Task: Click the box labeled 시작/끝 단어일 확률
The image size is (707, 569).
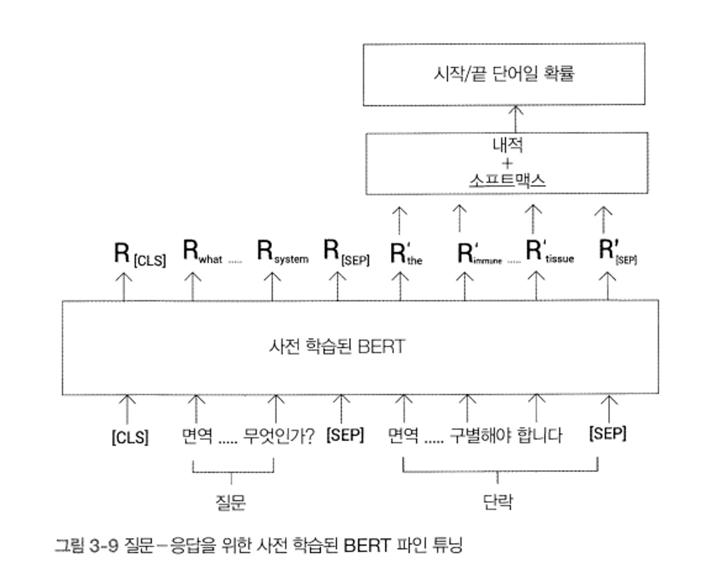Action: click(504, 74)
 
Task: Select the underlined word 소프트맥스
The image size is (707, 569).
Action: click(507, 181)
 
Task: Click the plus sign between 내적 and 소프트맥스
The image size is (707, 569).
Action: click(507, 163)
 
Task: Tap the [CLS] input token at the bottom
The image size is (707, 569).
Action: click(130, 437)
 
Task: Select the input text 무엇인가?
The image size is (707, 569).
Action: click(279, 436)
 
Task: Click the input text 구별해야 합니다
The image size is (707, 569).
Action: click(506, 435)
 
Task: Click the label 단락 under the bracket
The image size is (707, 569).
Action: click(498, 502)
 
